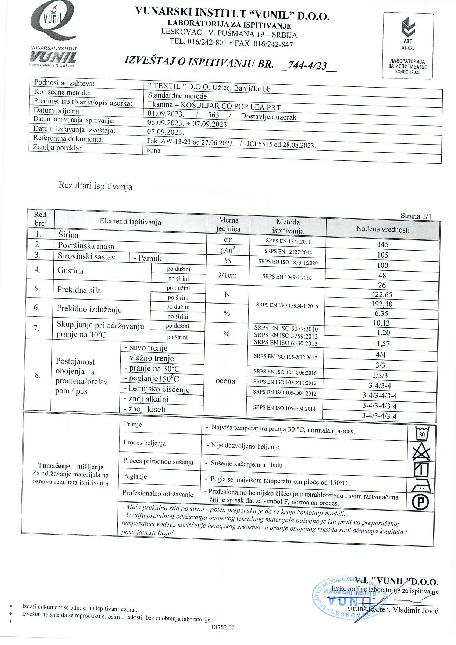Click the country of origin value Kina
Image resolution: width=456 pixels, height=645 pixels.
pos(154,150)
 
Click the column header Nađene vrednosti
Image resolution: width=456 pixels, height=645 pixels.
pos(382,230)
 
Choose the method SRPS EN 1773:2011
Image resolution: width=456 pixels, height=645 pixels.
pos(288,241)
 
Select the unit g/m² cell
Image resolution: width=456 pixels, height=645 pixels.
pos(228,250)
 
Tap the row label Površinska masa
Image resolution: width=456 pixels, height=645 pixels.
pos(86,246)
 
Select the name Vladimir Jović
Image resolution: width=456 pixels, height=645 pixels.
pos(416,610)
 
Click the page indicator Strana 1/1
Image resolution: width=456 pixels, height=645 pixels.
pos(416,216)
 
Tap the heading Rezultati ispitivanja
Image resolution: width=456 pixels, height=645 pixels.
pos(95,186)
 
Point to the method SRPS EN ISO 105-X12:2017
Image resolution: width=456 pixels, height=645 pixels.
pos(285,357)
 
